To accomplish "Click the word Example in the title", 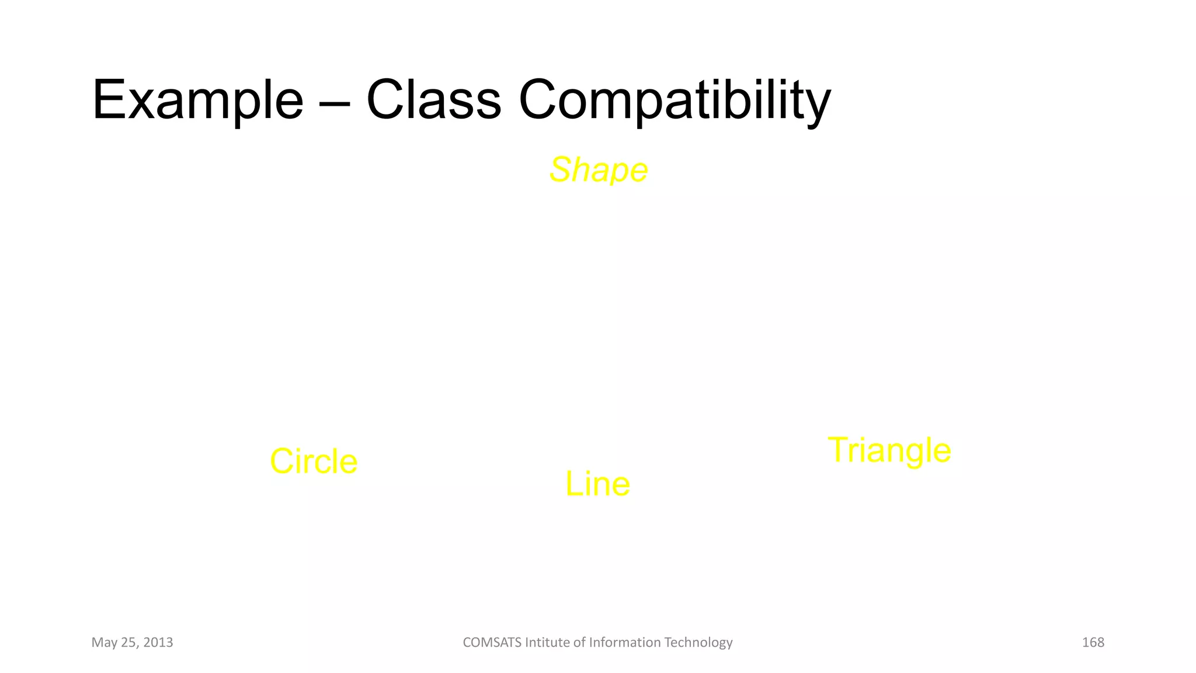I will click(x=197, y=100).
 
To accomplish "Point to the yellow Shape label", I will click(x=599, y=170).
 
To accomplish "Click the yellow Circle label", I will click(x=314, y=462).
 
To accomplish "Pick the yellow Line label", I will click(x=597, y=484).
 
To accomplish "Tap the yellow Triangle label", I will click(x=889, y=450).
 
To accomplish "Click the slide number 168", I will click(x=1093, y=643).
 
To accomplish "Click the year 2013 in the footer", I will click(x=158, y=643).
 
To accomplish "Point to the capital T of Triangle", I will click(x=839, y=450).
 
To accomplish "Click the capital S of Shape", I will click(x=561, y=170).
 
